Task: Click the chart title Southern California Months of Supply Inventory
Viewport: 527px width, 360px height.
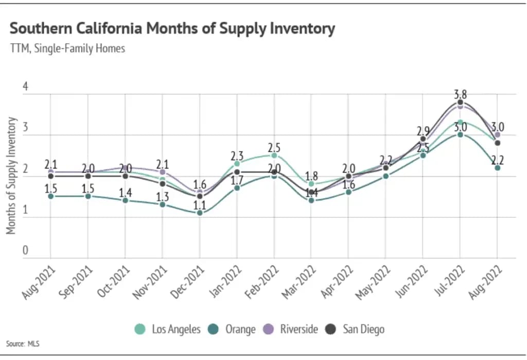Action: tap(172, 28)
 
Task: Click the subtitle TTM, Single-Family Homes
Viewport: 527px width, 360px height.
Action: tap(67, 49)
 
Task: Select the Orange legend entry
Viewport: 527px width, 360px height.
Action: tap(233, 329)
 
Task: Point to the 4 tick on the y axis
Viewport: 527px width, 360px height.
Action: tap(25, 88)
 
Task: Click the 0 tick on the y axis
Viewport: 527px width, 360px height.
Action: tap(25, 251)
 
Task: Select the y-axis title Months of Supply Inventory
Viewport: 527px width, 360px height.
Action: tap(11, 176)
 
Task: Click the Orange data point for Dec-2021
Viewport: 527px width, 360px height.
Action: tap(200, 213)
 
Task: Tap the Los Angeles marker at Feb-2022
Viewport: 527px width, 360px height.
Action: tap(274, 156)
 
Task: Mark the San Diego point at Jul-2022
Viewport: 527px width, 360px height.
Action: tap(460, 102)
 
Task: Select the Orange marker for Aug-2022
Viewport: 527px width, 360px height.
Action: tap(497, 168)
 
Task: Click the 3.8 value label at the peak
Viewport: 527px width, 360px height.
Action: tap(460, 94)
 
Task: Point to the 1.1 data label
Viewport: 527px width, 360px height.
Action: tap(200, 204)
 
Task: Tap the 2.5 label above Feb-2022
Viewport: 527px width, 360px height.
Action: tap(274, 147)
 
